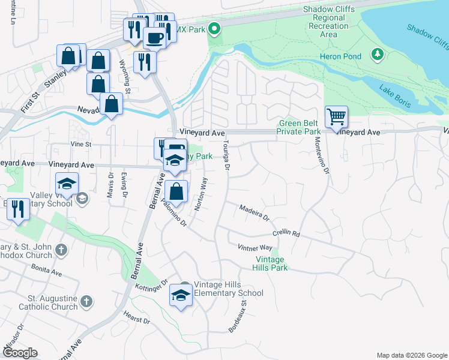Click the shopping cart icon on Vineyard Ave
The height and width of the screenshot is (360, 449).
pos(336,116)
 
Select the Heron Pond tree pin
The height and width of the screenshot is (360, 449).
pos(377,55)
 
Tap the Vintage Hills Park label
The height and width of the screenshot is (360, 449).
pos(271,263)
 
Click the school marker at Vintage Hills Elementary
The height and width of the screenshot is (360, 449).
pos(181,294)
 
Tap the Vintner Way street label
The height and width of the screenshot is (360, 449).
pos(255,247)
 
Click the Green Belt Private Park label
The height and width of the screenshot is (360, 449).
pos(299,127)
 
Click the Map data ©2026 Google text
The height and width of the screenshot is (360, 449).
pos(411,355)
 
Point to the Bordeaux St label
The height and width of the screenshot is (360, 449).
pos(238,317)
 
